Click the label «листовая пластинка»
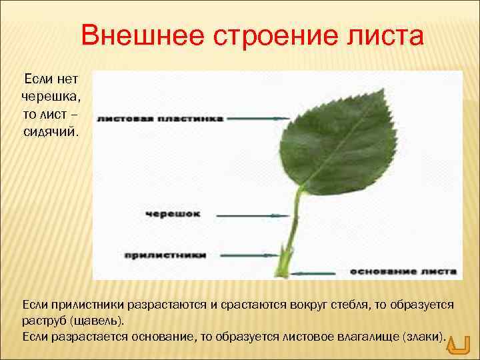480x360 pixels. (x=159, y=119)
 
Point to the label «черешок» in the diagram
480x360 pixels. (x=172, y=215)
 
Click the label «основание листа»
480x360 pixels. (x=403, y=272)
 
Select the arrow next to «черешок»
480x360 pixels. (x=250, y=215)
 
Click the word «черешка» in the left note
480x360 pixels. (x=51, y=97)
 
